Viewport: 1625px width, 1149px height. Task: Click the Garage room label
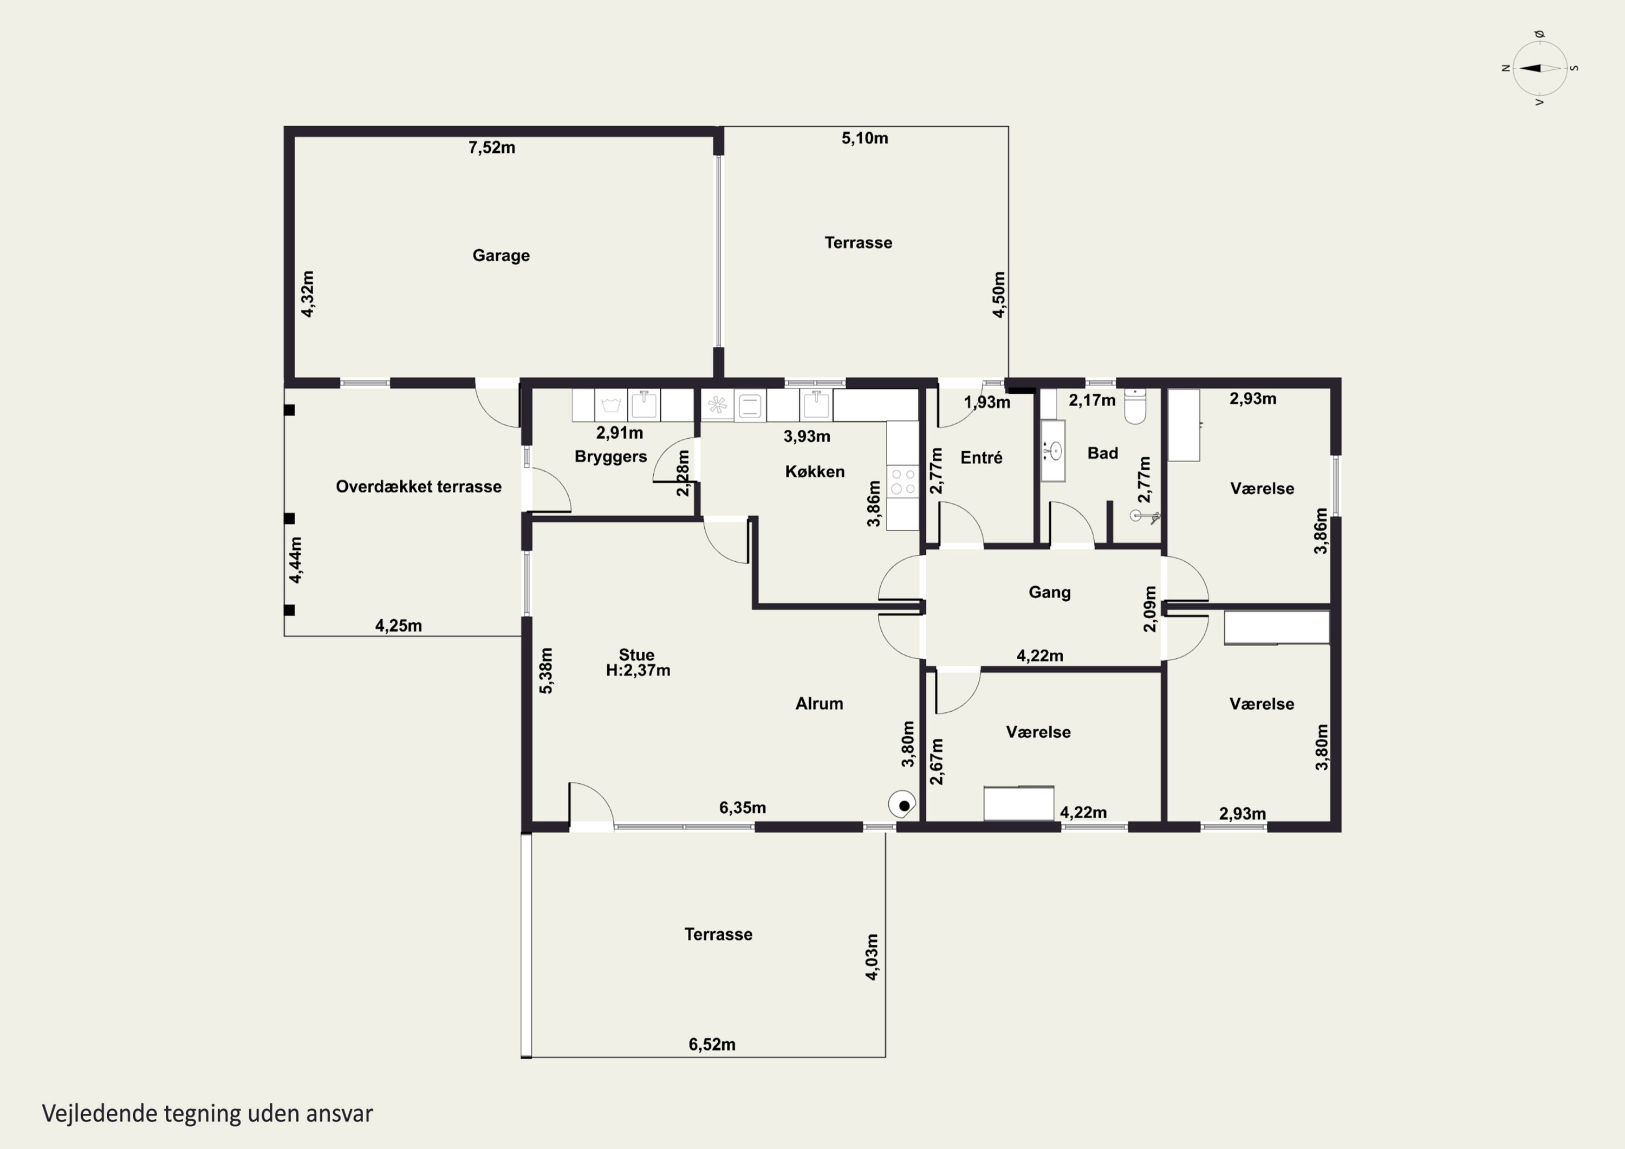(500, 256)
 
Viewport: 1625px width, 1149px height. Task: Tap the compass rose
(1539, 68)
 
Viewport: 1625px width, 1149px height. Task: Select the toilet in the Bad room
(1135, 406)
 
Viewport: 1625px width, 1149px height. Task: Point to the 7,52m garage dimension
(492, 148)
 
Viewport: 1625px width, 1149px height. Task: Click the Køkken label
(815, 471)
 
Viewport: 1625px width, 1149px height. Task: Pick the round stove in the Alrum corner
(902, 804)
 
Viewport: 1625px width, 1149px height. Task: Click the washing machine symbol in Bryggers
(610, 406)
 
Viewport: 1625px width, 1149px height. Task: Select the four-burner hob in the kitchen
(902, 482)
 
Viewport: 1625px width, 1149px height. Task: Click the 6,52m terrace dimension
(712, 1044)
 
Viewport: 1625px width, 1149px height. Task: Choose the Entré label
(981, 457)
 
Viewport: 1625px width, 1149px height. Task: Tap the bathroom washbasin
(1053, 451)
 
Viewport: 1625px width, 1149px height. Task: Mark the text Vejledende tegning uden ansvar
(207, 1114)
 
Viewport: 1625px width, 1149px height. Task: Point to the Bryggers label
(611, 457)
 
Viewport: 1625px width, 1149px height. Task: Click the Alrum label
(819, 704)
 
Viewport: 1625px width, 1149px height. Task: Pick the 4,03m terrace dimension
(872, 957)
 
